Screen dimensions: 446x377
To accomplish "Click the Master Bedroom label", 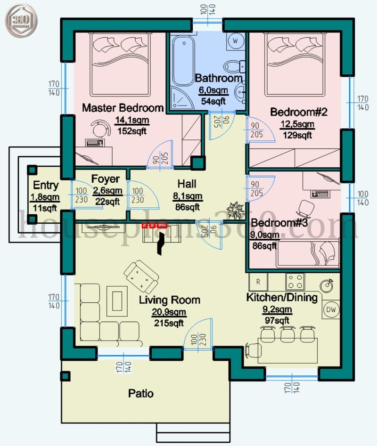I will point(123,108).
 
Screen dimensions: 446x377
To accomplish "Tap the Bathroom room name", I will point(218,78).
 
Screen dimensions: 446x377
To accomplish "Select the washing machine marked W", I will point(235,41).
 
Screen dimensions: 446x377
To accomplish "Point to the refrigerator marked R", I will point(258,282).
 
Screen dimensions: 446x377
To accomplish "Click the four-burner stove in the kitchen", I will point(295,281).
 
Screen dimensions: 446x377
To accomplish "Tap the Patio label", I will point(141,393).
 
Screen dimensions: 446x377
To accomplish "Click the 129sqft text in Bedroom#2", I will point(297,135).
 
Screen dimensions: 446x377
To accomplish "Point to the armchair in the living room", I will point(141,276).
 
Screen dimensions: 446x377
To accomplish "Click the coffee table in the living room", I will point(117,300).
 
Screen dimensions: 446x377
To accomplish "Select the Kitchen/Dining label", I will point(282,298).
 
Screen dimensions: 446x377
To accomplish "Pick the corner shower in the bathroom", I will point(180,98).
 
